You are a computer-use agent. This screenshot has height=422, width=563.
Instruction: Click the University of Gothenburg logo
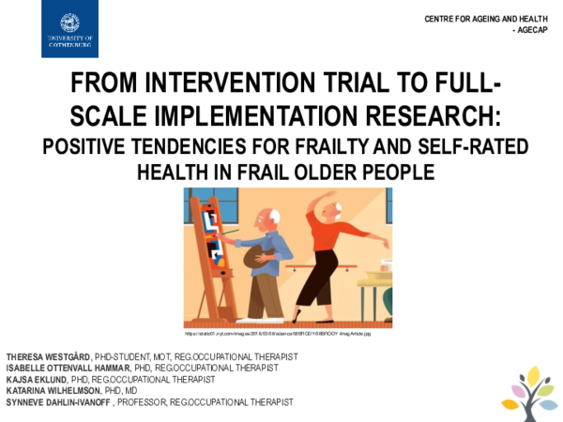coord(69,29)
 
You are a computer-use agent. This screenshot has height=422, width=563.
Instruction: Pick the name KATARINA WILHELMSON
coord(53,390)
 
